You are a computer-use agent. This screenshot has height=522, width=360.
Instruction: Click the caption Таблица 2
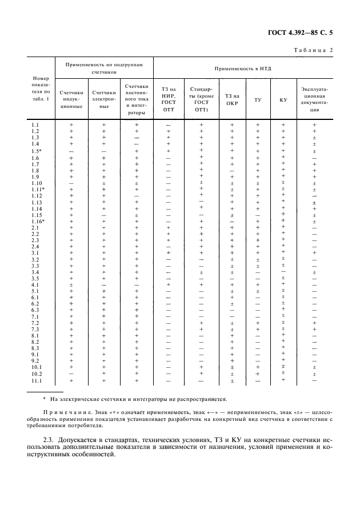tap(313, 50)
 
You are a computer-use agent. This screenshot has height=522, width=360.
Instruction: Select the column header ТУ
tap(258, 100)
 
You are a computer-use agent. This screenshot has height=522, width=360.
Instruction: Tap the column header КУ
tap(283, 100)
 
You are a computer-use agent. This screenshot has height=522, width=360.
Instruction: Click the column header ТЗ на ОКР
tap(232, 100)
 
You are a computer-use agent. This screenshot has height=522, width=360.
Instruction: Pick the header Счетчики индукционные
tap(71, 99)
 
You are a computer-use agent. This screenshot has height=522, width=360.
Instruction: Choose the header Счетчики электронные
tap(104, 99)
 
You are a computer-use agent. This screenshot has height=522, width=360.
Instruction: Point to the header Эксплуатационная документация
tap(314, 100)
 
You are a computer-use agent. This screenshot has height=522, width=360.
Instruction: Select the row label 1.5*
tap(36, 151)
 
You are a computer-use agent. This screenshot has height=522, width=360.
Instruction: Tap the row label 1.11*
tap(37, 189)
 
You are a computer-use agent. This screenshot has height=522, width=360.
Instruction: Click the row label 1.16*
tap(37, 221)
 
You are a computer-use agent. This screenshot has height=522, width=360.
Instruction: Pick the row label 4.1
tap(35, 284)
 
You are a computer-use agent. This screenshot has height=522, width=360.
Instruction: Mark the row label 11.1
tap(36, 380)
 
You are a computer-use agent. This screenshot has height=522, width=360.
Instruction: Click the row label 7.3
tap(35, 330)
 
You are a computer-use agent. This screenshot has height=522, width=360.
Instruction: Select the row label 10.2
tap(36, 374)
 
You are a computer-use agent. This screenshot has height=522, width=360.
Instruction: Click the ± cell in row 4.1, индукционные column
tap(71, 284)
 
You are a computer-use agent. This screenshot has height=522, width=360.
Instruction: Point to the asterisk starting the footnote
tap(45, 399)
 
